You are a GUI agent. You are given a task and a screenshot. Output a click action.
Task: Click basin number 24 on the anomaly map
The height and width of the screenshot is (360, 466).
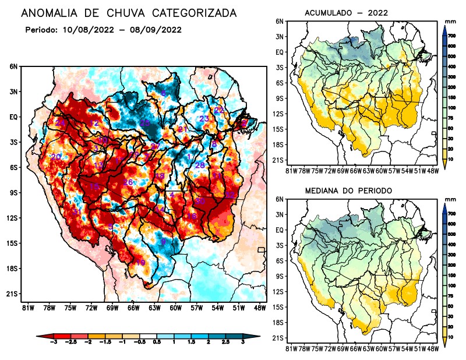tap(61, 123)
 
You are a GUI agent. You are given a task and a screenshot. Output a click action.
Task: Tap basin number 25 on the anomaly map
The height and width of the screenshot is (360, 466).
tap(145, 123)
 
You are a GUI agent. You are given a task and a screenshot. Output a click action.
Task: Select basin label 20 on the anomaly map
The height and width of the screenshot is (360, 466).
tap(56, 157)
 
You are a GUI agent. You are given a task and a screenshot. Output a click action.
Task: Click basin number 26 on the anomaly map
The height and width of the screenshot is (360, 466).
tap(128, 182)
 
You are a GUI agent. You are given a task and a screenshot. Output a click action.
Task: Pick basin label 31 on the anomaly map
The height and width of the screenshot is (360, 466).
tap(76, 212)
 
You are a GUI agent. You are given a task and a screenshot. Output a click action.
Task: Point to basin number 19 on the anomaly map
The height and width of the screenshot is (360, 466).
tap(140, 263)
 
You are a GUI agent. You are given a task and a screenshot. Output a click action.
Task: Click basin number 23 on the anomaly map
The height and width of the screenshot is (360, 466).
tap(204, 119)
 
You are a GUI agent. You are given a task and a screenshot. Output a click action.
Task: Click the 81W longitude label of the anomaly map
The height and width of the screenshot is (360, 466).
tap(27, 307)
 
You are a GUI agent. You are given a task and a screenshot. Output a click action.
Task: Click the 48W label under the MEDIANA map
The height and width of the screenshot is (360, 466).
tap(433, 348)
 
